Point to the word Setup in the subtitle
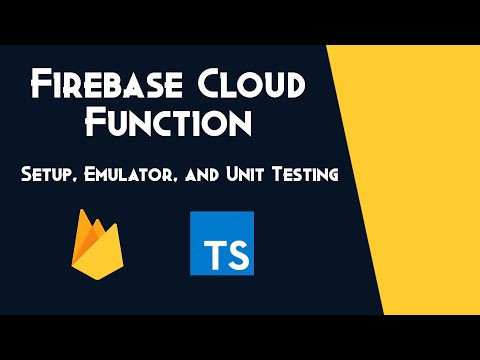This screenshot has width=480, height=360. [51, 176]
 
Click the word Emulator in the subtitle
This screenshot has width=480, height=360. [132, 176]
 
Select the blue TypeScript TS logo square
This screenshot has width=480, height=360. [221, 243]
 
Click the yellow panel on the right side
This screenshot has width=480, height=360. [420, 180]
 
